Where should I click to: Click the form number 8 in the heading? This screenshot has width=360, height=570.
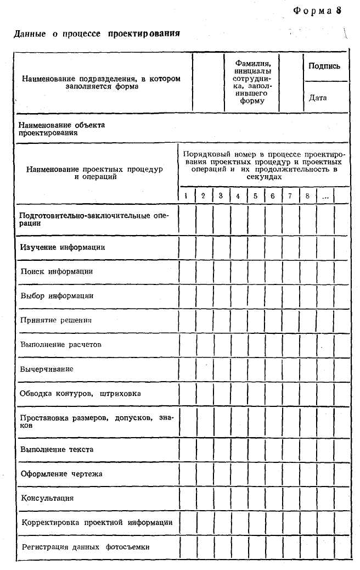point(339,11)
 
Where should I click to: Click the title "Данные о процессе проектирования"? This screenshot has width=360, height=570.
point(97,34)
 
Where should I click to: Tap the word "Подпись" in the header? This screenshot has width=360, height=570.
point(324,66)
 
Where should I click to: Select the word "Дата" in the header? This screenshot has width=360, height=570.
point(318,98)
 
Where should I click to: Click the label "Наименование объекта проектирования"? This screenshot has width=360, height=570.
point(61,128)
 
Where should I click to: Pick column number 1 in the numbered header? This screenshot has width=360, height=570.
point(187,195)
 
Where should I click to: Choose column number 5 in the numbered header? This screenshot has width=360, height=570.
point(255,195)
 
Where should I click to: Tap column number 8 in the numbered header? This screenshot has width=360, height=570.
point(307,195)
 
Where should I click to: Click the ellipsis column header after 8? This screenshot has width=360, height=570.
point(325,196)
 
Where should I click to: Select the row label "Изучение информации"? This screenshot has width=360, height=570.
point(63,247)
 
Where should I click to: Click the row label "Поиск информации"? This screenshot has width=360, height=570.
point(57,271)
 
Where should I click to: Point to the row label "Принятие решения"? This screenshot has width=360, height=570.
point(56,320)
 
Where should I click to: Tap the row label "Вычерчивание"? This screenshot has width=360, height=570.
point(47,369)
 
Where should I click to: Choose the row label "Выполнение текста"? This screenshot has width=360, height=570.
point(57,449)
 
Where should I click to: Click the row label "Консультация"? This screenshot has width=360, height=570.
point(47,498)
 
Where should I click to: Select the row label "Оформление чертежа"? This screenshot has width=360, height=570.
point(61,473)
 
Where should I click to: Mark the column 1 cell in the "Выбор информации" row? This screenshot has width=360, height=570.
point(187,296)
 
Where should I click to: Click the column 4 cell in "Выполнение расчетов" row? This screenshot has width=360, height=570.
point(238,345)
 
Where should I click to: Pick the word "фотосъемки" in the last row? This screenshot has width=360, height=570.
point(128,547)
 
